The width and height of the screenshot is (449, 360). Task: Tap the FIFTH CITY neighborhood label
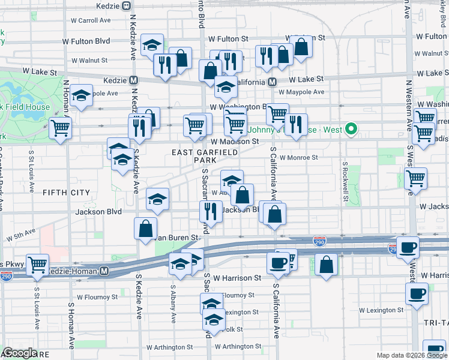pos(67,193)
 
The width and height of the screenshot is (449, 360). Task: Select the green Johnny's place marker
pos(354,128)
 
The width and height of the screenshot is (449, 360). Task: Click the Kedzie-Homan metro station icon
pos(104,271)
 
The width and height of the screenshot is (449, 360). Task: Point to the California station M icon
pos(272,82)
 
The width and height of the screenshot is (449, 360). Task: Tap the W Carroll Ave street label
pos(91,20)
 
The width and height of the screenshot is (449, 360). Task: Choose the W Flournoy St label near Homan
pos(97,296)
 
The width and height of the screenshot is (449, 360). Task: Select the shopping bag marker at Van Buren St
pos(146,228)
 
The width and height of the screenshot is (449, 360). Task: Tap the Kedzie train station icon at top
pos(126,5)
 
